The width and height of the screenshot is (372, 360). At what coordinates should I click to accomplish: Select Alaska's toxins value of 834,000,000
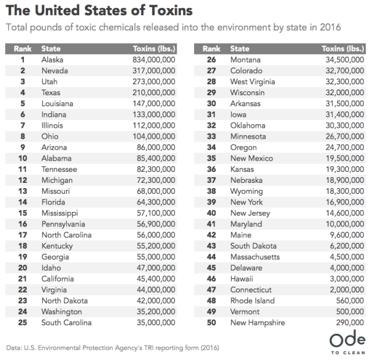coord(149,59)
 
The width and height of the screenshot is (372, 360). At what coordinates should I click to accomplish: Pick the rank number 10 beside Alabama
coord(22,158)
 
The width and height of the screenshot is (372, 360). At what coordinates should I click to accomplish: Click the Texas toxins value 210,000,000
coord(149,92)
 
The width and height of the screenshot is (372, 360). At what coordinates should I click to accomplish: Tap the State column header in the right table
coord(240,49)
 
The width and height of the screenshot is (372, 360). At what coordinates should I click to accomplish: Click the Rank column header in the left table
coord(22,49)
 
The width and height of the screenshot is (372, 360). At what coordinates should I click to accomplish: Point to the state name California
coord(59,279)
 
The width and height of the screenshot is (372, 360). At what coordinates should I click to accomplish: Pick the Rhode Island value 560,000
coord(345,301)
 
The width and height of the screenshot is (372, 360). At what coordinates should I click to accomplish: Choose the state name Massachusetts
coord(255,257)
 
